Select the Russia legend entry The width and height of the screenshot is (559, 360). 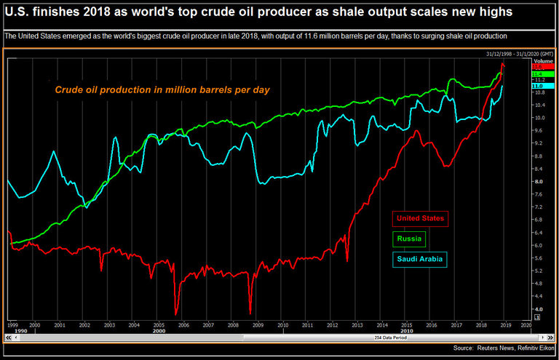tap(410, 239)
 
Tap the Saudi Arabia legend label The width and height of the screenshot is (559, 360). tap(420, 259)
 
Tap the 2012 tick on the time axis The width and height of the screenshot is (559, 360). tap(332, 325)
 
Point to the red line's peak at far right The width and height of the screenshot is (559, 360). tap(502, 65)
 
